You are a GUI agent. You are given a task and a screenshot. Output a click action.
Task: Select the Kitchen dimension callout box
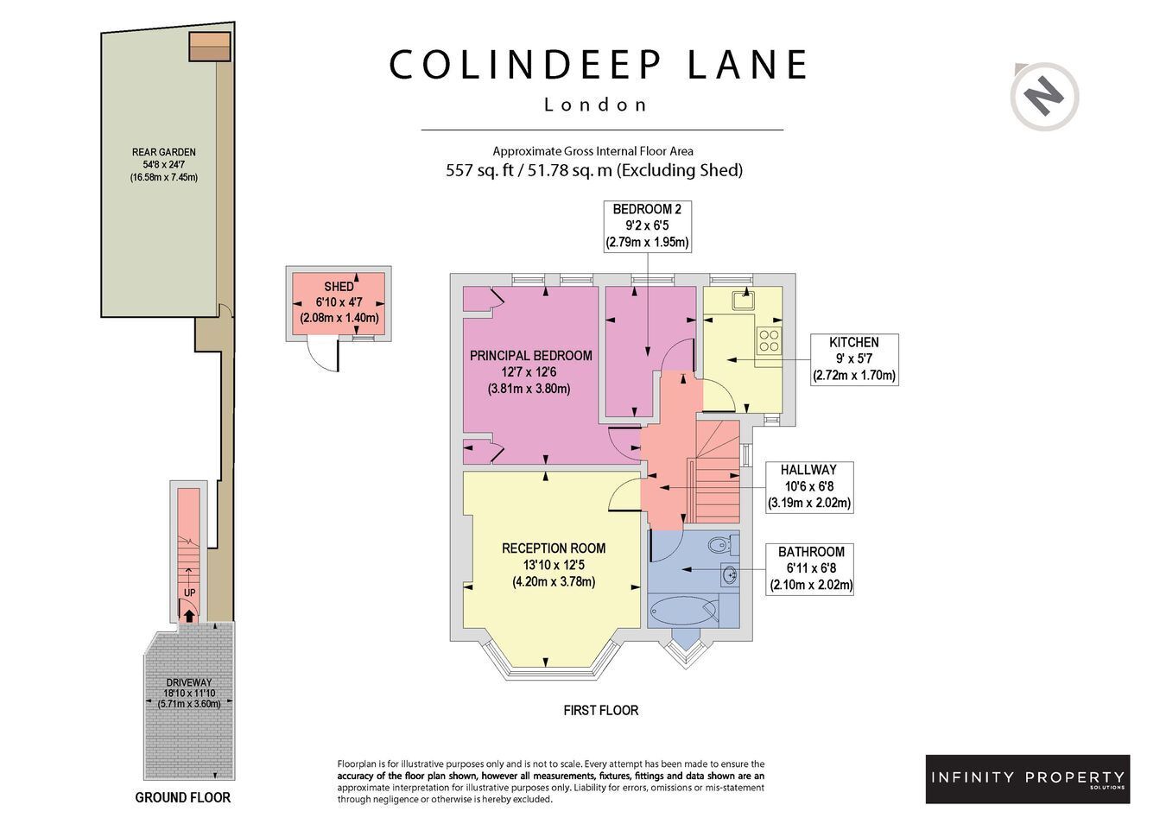coord(854,359)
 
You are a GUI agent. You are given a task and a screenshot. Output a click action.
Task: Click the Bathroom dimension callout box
coord(811,569)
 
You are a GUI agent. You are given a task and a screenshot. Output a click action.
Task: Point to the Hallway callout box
coord(808,487)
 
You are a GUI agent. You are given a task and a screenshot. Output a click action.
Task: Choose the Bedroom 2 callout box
coord(648,226)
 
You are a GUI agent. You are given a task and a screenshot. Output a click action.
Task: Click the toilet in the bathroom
coord(724,545)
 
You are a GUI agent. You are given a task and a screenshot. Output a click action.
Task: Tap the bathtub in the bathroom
coord(683,610)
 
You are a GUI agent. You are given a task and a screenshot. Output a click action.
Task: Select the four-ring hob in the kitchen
coord(769,340)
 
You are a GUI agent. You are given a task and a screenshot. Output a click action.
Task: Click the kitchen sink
coord(745,301)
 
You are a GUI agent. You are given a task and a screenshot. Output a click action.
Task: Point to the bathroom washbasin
coord(731,574)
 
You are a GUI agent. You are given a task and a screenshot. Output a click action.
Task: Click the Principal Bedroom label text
coord(530,356)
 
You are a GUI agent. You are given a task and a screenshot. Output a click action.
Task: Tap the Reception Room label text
coord(554,548)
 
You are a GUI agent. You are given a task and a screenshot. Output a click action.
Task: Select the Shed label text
coord(339,286)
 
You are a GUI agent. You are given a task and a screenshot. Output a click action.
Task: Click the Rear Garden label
coord(163,152)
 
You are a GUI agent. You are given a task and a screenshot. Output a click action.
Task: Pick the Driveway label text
coord(189,681)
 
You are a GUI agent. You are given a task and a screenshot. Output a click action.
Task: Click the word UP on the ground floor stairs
coord(189,593)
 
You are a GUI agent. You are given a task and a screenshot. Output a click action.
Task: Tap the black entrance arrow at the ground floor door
coord(189,616)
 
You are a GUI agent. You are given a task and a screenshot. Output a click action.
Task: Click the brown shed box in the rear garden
coord(209,47)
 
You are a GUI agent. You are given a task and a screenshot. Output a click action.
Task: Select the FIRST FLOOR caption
coord(600,710)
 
